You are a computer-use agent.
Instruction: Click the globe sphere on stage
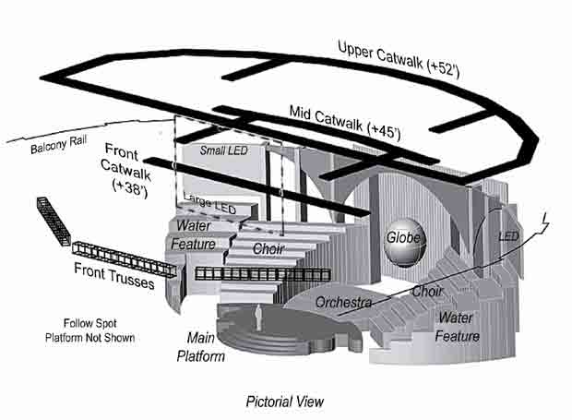[x=403, y=243]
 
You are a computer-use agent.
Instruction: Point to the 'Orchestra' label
[x=343, y=303]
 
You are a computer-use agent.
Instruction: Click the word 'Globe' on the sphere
[x=403, y=237]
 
